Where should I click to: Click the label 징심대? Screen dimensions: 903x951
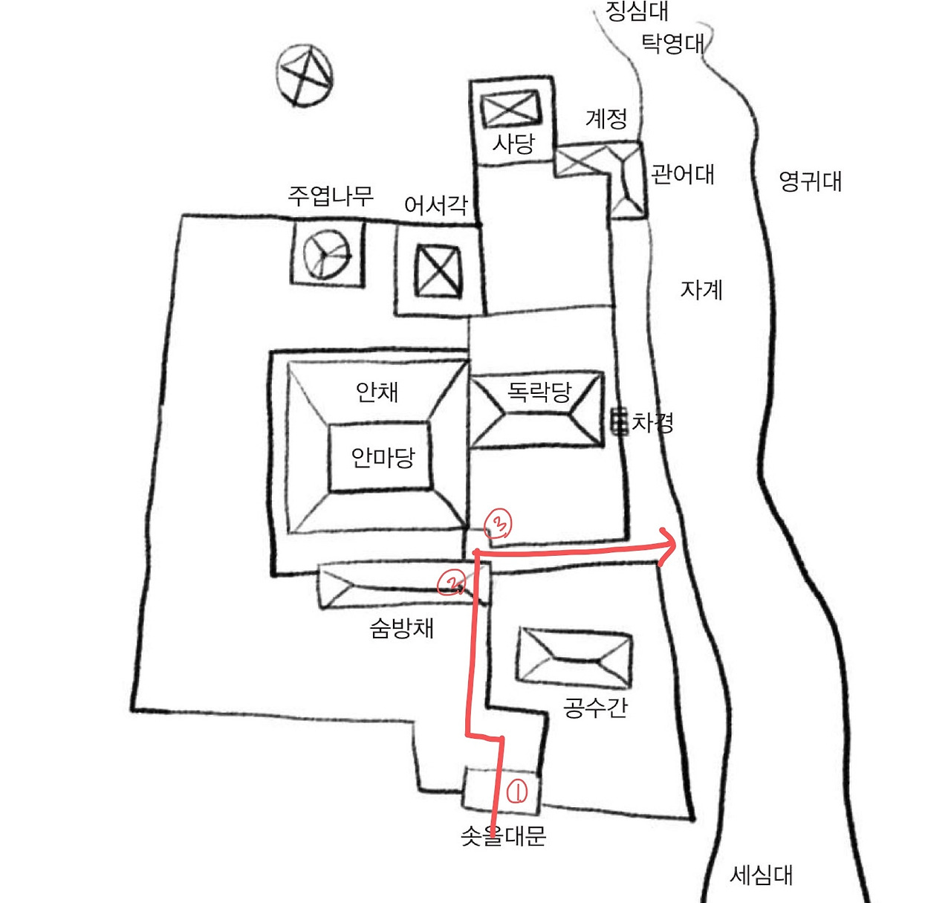(637, 10)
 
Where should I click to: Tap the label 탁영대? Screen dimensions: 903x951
(672, 43)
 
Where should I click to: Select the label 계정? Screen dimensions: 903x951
(606, 119)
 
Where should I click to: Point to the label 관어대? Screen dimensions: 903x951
(682, 175)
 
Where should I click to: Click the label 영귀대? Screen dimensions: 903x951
(810, 181)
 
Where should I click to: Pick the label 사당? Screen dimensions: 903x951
(513, 143)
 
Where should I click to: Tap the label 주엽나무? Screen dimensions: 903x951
(331, 196)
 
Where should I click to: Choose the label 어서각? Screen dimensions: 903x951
(436, 206)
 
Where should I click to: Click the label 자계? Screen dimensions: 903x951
(701, 290)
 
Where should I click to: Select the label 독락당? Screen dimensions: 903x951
(539, 391)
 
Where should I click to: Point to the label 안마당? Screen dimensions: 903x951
(383, 457)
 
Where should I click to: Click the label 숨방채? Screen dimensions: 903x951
(401, 629)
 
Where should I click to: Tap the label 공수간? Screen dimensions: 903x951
(595, 708)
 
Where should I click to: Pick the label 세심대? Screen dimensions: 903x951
(761, 876)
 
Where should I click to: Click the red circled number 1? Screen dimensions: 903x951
(517, 792)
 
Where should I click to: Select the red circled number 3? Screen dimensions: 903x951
(498, 524)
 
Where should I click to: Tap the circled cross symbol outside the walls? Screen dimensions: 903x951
(305, 74)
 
